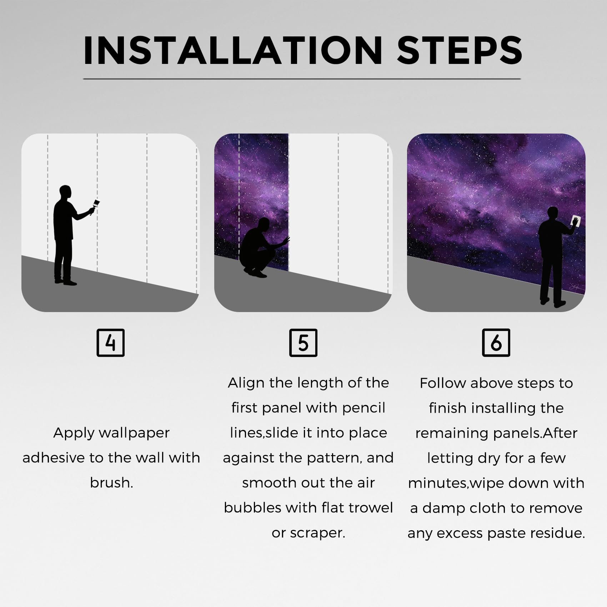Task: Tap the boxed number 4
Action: (111, 343)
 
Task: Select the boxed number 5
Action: (303, 343)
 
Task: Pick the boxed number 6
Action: (496, 343)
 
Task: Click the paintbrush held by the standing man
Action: (95, 206)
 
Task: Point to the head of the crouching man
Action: (264, 225)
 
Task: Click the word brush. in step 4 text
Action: (111, 483)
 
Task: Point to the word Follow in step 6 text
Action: (443, 383)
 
